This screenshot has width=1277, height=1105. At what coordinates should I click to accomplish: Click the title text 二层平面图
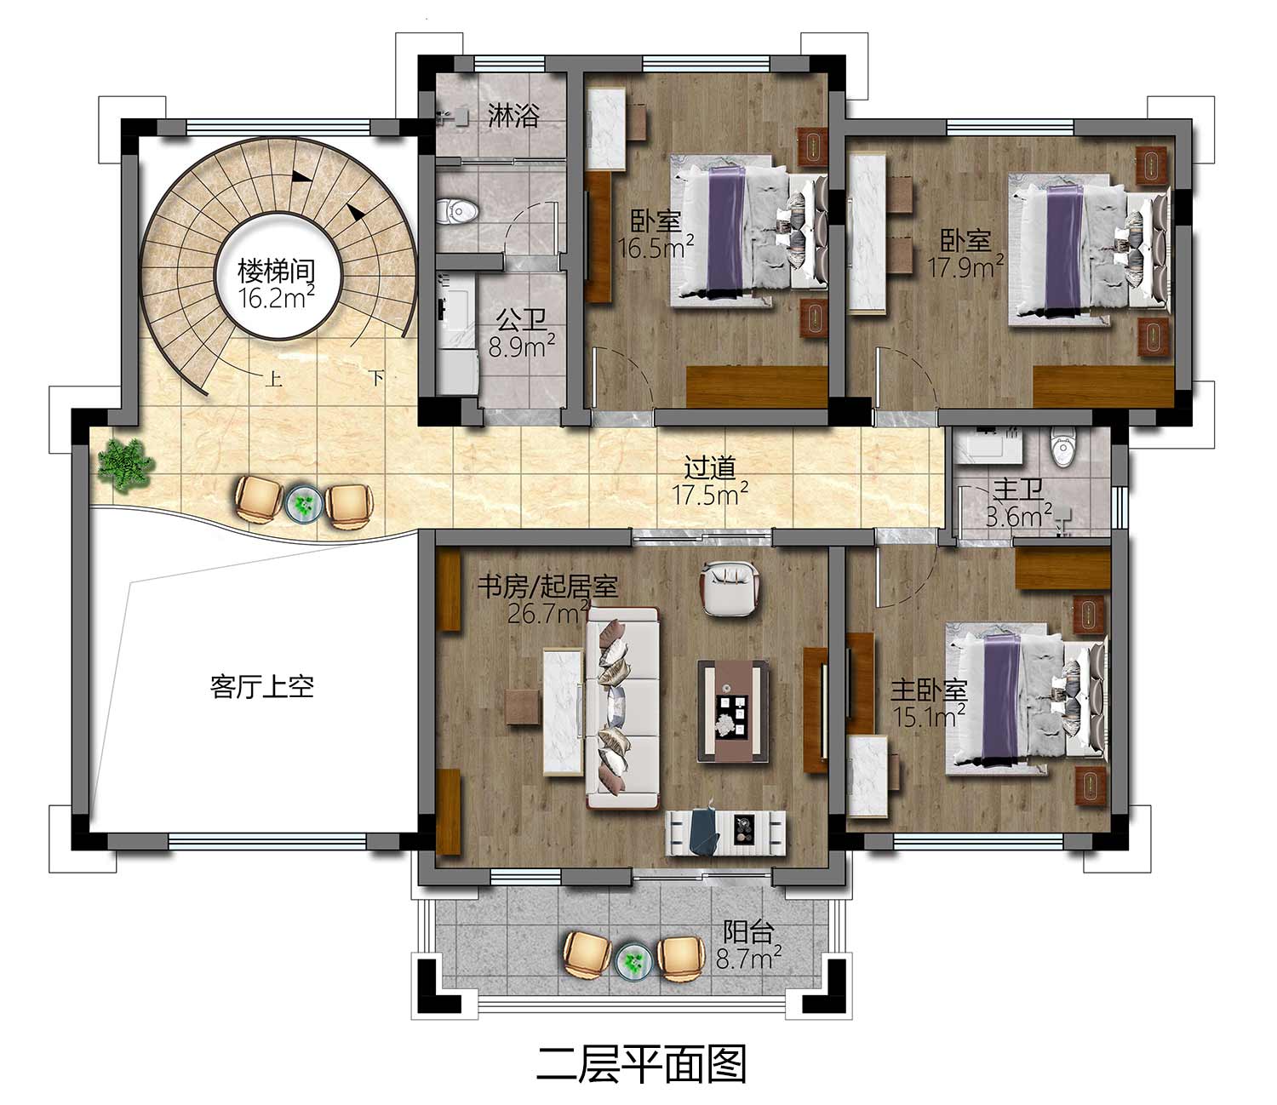[641, 1063]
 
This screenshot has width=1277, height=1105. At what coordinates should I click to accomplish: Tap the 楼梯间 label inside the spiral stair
[276, 271]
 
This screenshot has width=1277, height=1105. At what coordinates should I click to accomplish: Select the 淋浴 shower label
[513, 116]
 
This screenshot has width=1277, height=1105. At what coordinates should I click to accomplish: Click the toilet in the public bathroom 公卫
[458, 210]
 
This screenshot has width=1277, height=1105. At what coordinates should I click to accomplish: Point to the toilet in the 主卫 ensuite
[1062, 452]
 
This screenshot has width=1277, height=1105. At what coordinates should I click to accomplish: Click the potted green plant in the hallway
[125, 466]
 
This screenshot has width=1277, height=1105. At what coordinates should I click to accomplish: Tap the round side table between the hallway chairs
[303, 503]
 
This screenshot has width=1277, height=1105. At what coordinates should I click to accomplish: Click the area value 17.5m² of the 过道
[710, 494]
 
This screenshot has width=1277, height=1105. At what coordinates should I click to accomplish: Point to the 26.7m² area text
[547, 613]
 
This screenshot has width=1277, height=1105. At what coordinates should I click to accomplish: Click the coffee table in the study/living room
[733, 711]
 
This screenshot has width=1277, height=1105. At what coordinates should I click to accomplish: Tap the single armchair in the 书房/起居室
[729, 588]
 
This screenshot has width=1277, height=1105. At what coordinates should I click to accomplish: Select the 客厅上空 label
[262, 686]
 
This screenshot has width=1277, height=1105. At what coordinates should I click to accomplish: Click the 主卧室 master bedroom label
[929, 691]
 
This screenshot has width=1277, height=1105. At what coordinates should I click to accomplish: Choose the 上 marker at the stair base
[273, 378]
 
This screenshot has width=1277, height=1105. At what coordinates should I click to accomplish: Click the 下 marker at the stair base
[376, 377]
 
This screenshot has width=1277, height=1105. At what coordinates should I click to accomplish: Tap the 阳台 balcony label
[748, 932]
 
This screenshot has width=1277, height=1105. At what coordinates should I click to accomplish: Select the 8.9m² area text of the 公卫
[521, 347]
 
